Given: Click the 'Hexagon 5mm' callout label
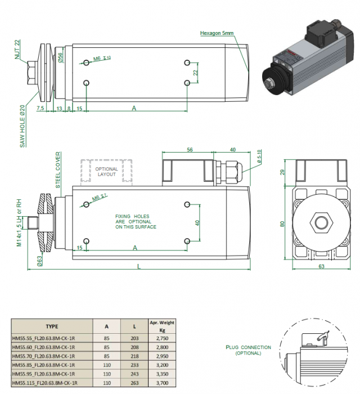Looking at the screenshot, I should pyautogui.click(x=217, y=33).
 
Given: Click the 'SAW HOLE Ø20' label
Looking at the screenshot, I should pyautogui.click(x=23, y=126).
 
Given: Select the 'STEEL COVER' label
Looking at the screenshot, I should pyautogui.click(x=58, y=171).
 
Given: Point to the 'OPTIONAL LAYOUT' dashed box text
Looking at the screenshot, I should pyautogui.click(x=107, y=172).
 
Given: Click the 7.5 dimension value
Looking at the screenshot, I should pyautogui.click(x=40, y=108).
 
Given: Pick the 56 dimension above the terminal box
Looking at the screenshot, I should pyautogui.click(x=189, y=150).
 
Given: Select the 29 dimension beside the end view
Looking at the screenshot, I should pyautogui.click(x=282, y=172).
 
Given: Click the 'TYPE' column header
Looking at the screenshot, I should pyautogui.click(x=52, y=325).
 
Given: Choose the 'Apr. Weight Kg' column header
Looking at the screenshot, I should pyautogui.click(x=161, y=325).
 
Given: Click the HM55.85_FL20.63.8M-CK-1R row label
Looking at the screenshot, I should pyautogui.click(x=44, y=364).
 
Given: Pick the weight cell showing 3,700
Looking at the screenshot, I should pyautogui.click(x=161, y=382).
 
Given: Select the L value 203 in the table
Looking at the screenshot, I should pyautogui.click(x=134, y=337).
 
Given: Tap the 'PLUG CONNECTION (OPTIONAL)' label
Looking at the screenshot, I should pyautogui.click(x=249, y=350).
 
